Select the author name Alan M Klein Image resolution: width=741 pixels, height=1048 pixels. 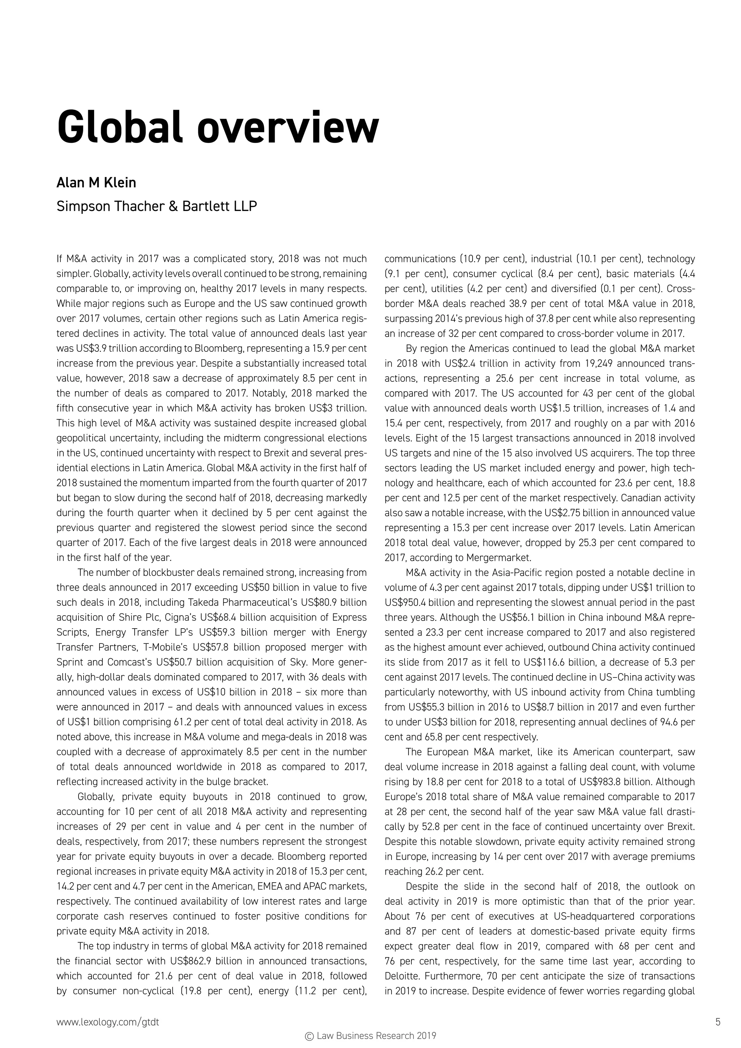pyautogui.click(x=96, y=183)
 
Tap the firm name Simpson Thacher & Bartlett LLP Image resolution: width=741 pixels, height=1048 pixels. pyautogui.click(x=157, y=206)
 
